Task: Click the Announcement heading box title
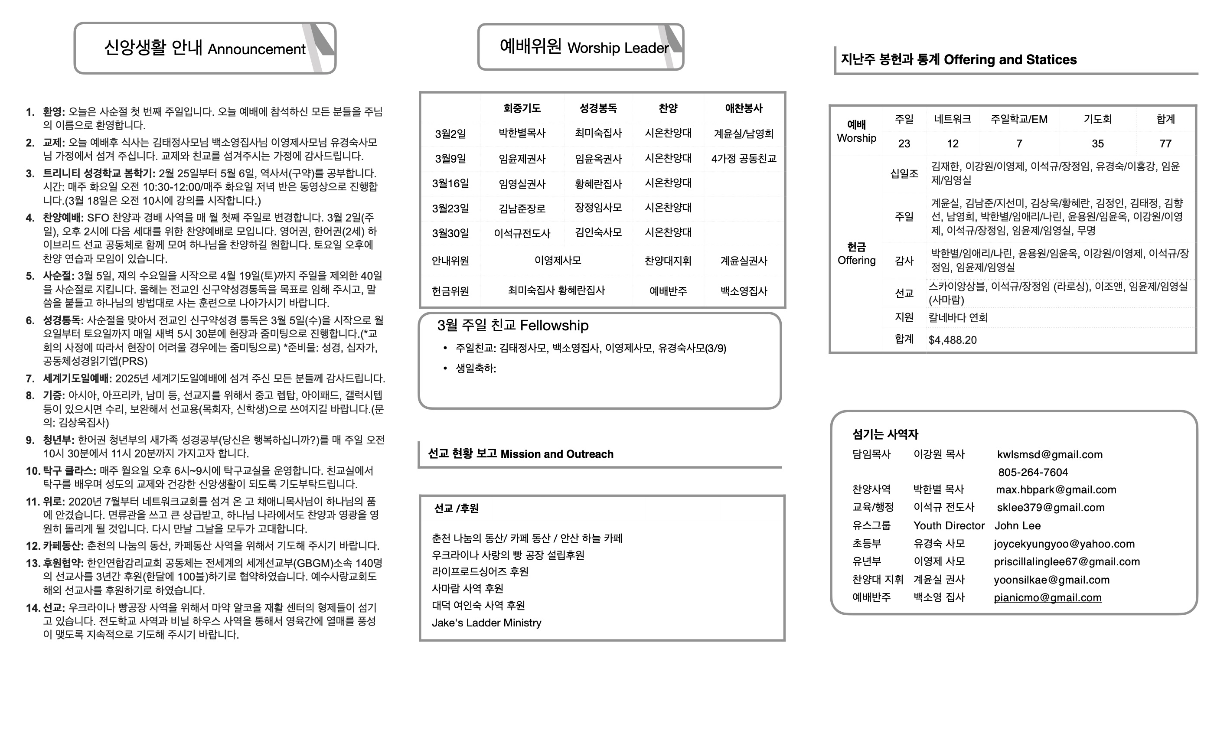pyautogui.click(x=205, y=48)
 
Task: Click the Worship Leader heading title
pyautogui.click(x=584, y=47)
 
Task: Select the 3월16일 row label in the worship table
pyautogui.click(x=450, y=184)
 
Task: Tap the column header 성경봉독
pyautogui.click(x=597, y=108)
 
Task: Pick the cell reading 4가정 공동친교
pyautogui.click(x=744, y=159)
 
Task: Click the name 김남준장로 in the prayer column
pyautogui.click(x=522, y=209)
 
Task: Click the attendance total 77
pyautogui.click(x=1165, y=143)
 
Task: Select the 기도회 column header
pyautogui.click(x=1097, y=119)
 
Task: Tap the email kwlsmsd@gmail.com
pyautogui.click(x=1049, y=455)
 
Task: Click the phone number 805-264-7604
pyautogui.click(x=1033, y=473)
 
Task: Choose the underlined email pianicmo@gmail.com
pyautogui.click(x=1048, y=597)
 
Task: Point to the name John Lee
pyautogui.click(x=1018, y=525)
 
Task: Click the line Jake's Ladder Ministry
pyautogui.click(x=486, y=623)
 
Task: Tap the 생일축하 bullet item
pyautogui.click(x=476, y=368)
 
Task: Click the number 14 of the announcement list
pyautogui.click(x=33, y=608)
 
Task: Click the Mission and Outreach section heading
pyautogui.click(x=520, y=454)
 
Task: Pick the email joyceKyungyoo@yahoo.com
pyautogui.click(x=1064, y=544)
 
